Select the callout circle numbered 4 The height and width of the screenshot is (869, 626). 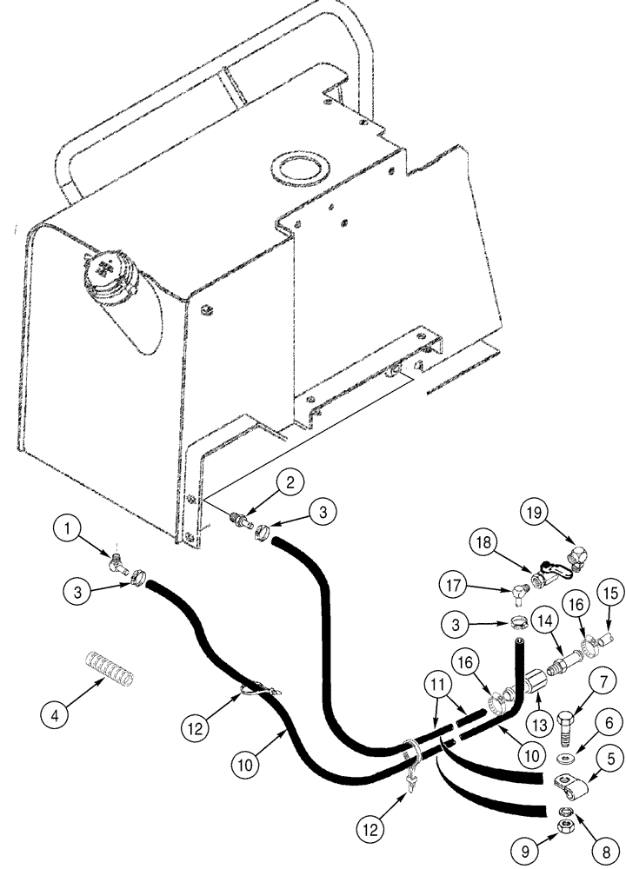pyautogui.click(x=56, y=719)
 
